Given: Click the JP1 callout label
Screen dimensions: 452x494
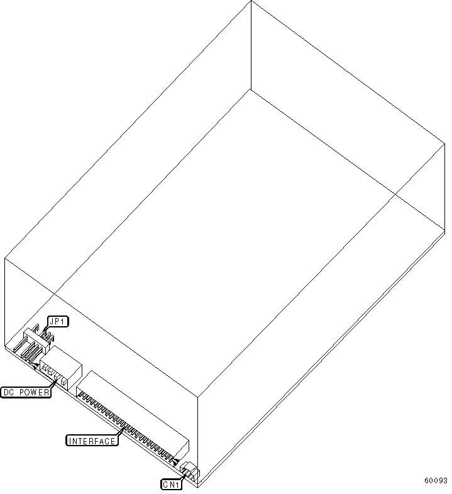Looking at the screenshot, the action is pos(58,322).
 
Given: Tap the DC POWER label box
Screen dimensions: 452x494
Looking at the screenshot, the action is pos(26,392).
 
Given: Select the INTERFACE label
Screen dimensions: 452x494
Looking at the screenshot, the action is pos(92,441).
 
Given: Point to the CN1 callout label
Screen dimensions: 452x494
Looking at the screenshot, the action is pos(172,484).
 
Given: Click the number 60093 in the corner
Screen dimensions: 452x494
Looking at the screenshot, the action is pos(436,480).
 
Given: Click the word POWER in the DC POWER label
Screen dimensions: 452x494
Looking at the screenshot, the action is pos(34,392).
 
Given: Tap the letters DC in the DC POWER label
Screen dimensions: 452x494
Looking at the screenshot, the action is pos(9,392).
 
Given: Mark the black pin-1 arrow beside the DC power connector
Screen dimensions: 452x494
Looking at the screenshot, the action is pos(36,365).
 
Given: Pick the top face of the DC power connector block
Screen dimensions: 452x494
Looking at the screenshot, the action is pos(61,356).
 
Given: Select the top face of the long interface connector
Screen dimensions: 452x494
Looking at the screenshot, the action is pos(133,406).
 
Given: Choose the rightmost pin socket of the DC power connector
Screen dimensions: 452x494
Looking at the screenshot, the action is pos(64,382).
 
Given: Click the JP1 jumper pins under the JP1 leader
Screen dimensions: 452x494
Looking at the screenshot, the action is pos(46,336).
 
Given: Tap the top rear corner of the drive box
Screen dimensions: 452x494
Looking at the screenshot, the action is pos(251,1).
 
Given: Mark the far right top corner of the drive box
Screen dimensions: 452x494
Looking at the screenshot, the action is pos(444,144).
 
